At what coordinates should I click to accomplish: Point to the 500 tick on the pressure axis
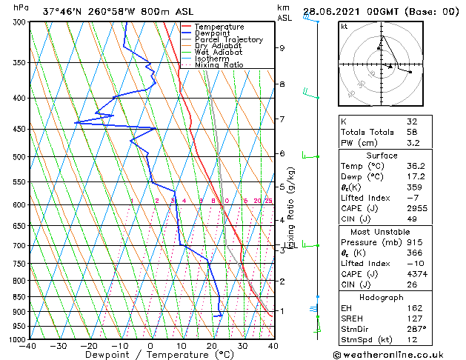[16, 157]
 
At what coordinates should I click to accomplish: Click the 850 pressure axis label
[16, 297]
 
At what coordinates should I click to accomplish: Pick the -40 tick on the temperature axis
[28, 346]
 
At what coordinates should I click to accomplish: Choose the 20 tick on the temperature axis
[212, 346]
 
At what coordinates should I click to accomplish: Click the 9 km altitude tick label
[282, 48]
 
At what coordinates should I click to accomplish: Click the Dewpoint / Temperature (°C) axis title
[151, 355]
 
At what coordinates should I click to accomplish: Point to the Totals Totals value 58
[411, 132]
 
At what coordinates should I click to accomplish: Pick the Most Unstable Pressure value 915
[414, 242]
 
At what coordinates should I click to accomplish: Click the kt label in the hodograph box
[344, 27]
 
